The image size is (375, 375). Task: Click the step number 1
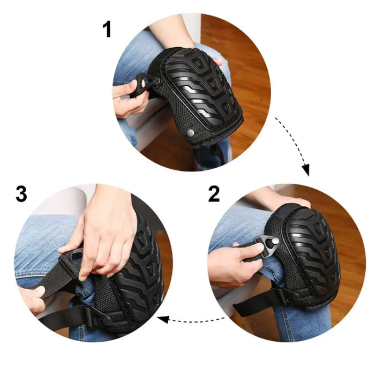(x=107, y=29)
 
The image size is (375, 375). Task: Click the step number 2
(x=214, y=194)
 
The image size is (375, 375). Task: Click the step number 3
(x=21, y=194)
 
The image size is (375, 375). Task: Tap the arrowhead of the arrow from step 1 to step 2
(x=305, y=170)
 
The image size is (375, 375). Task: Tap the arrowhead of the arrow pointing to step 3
(x=163, y=319)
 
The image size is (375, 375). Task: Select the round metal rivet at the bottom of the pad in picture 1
(x=190, y=133)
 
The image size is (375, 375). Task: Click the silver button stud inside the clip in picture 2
(x=275, y=241)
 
